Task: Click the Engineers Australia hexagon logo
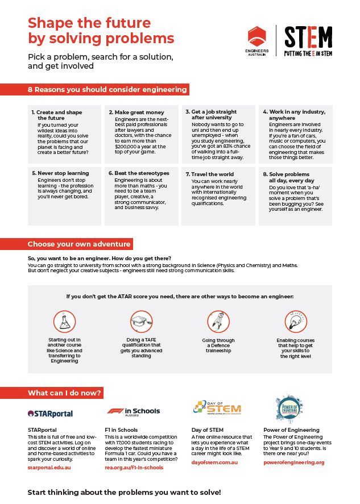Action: tap(256, 37)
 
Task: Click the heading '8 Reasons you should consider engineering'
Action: tap(107, 90)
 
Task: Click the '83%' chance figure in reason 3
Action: tap(227, 145)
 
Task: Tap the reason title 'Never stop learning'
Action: tap(60, 173)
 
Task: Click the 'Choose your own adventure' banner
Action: tap(79, 244)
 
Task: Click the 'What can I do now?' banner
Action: tap(64, 393)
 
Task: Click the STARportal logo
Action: tap(50, 413)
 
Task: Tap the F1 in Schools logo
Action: tap(134, 411)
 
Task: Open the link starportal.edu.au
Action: tap(49, 467)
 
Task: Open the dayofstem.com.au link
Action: tap(214, 463)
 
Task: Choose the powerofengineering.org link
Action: tap(293, 463)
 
